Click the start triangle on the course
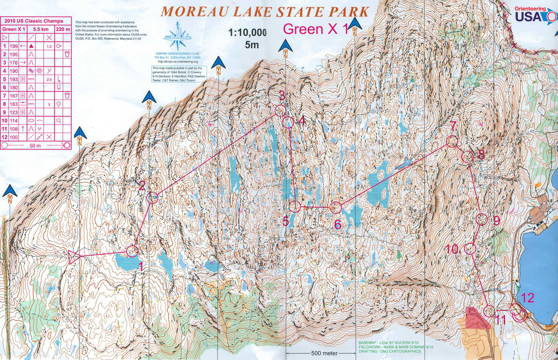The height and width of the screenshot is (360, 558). click(x=74, y=257)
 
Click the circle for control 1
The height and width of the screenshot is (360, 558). click(x=132, y=250)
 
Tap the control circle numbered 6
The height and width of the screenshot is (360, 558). click(x=335, y=208)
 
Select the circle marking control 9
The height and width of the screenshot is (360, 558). click(x=482, y=219)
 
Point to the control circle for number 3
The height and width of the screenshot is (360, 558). click(x=280, y=111)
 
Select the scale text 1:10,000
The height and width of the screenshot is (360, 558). click(x=247, y=33)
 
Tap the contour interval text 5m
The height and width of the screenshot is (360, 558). click(x=252, y=45)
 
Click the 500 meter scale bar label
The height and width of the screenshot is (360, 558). click(x=324, y=353)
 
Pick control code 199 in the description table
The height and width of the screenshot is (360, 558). click(x=14, y=46)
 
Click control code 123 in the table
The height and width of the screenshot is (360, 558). click(x=14, y=112)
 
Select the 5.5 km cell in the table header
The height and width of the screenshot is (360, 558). click(x=40, y=29)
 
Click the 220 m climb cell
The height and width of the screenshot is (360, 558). click(x=63, y=29)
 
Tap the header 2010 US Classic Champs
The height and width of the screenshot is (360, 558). click(x=33, y=21)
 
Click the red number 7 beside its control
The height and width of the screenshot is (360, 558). click(x=453, y=126)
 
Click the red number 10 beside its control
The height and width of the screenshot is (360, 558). click(x=452, y=249)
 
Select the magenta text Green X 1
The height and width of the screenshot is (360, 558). click(x=316, y=29)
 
